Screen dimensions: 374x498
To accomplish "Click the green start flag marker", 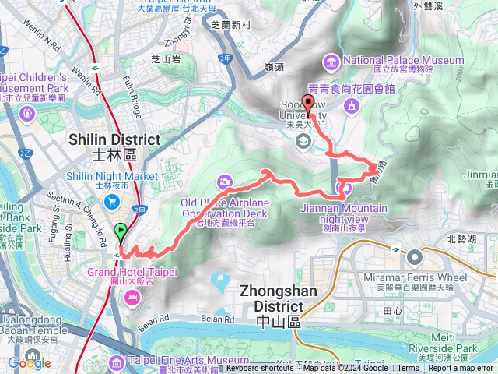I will point(121,231).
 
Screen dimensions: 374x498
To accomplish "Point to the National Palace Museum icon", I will point(332,61).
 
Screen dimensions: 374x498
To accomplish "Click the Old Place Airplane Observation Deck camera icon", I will point(225,182).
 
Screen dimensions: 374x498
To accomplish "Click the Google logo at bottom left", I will point(30,363).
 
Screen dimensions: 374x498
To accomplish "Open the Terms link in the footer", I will point(407,368).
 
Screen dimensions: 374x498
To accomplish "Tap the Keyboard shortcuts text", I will point(260,368).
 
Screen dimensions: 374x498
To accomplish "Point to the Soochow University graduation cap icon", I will point(302,141).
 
